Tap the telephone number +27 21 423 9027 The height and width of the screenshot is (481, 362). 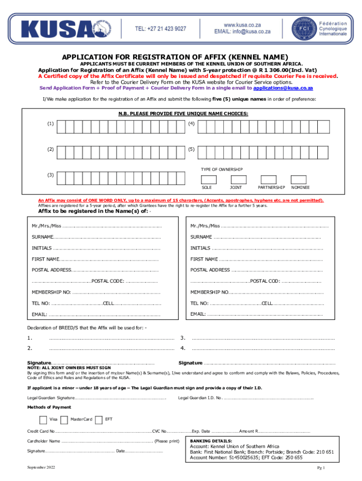click(x=160, y=29)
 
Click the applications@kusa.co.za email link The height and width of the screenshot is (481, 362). click(x=283, y=88)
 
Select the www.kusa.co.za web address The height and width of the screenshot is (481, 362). click(x=242, y=23)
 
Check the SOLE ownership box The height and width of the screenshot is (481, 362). click(x=209, y=179)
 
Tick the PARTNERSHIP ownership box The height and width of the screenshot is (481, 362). click(x=269, y=179)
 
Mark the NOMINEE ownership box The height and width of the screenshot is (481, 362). click(x=299, y=179)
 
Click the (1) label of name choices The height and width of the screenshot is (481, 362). click(x=50, y=124)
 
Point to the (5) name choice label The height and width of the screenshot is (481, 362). click(x=191, y=149)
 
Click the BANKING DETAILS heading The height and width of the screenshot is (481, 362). click(x=211, y=441)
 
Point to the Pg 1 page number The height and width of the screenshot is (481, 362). click(x=321, y=468)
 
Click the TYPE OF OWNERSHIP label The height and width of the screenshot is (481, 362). click(x=222, y=169)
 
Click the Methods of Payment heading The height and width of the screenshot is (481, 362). click(x=49, y=407)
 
